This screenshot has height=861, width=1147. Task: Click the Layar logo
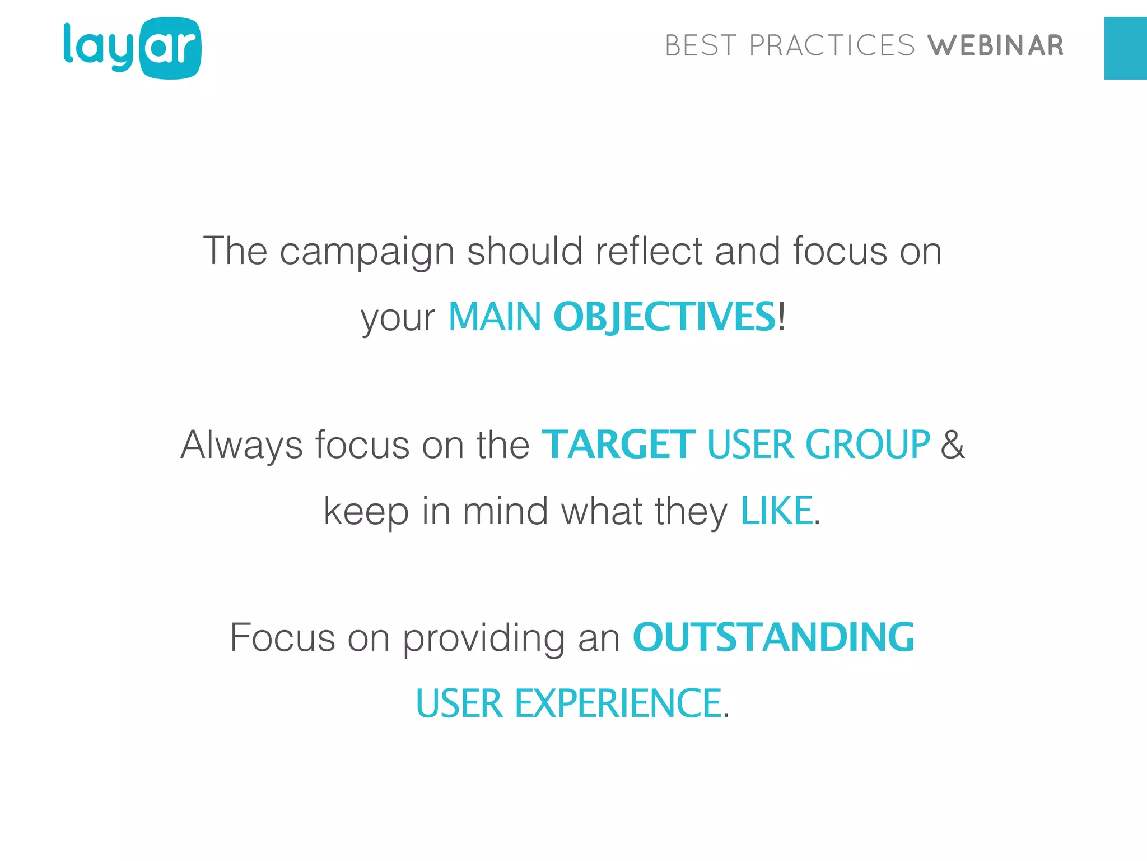(x=132, y=48)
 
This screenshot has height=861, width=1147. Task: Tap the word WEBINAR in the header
(x=995, y=46)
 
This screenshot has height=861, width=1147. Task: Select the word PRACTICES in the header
(x=832, y=46)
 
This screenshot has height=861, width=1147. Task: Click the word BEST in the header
(x=701, y=46)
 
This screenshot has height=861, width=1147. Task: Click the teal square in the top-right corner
(x=1125, y=48)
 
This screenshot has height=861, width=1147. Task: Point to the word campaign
(x=367, y=252)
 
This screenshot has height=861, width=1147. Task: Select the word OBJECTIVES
(x=664, y=317)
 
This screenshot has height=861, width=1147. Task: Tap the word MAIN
(x=495, y=317)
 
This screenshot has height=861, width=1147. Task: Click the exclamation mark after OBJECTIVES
(x=782, y=317)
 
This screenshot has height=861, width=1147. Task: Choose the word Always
(x=241, y=446)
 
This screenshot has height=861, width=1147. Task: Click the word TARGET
(x=618, y=445)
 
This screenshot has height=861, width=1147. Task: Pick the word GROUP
(x=868, y=445)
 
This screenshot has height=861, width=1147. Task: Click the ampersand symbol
(x=953, y=445)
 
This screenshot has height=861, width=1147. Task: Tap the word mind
(x=505, y=511)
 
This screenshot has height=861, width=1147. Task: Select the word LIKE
(x=776, y=511)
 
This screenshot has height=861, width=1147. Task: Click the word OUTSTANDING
(x=773, y=638)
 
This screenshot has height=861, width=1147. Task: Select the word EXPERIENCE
(x=618, y=703)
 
